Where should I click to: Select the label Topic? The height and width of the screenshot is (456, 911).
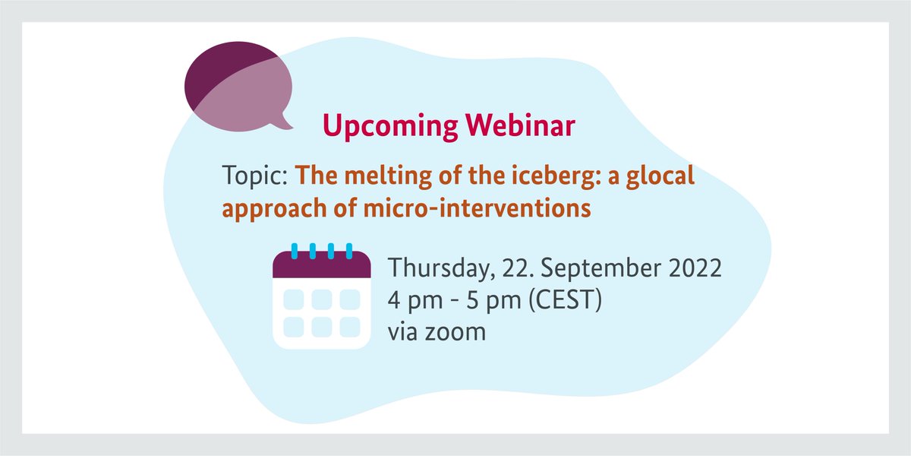(x=254, y=177)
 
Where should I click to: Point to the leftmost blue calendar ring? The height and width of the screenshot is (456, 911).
(x=294, y=251)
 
